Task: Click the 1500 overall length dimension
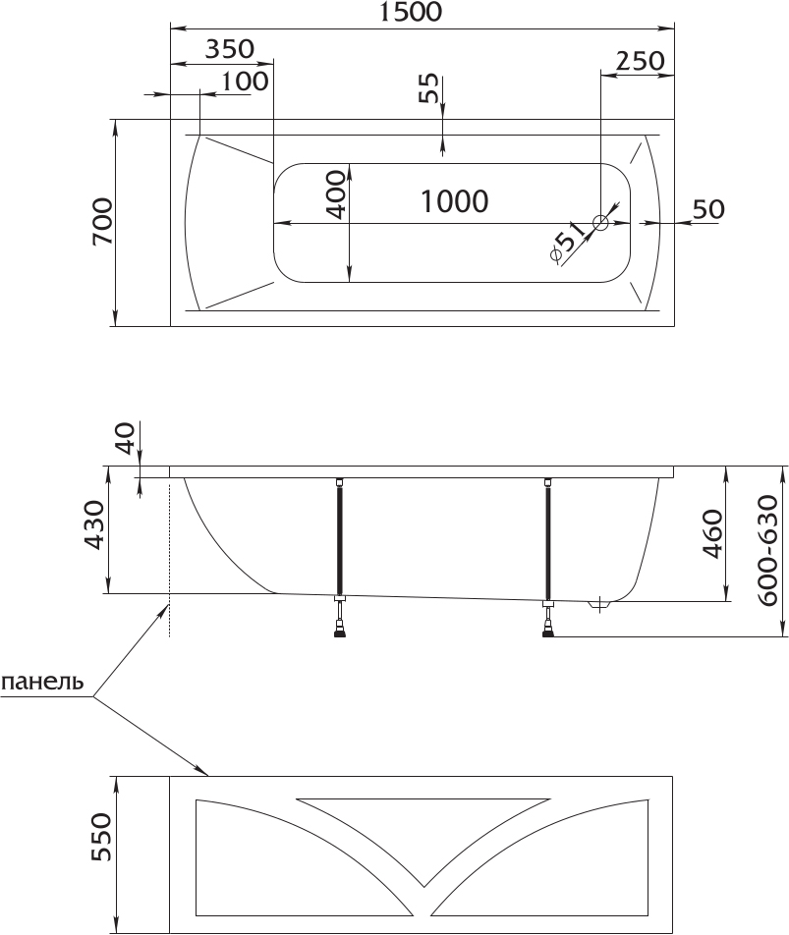tap(412, 12)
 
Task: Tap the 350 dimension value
tap(230, 49)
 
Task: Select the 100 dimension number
tap(245, 82)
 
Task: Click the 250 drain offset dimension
tap(640, 61)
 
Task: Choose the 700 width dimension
tap(102, 221)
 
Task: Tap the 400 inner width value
tap(335, 194)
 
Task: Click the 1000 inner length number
tap(454, 201)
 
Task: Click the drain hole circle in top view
tap(600, 223)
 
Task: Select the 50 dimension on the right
tap(708, 209)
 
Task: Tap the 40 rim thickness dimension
tap(126, 437)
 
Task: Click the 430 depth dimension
tap(93, 524)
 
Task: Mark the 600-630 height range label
tap(767, 550)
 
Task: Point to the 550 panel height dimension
tap(101, 836)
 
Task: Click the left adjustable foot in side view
tap(339, 618)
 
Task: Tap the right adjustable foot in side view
tap(548, 620)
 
